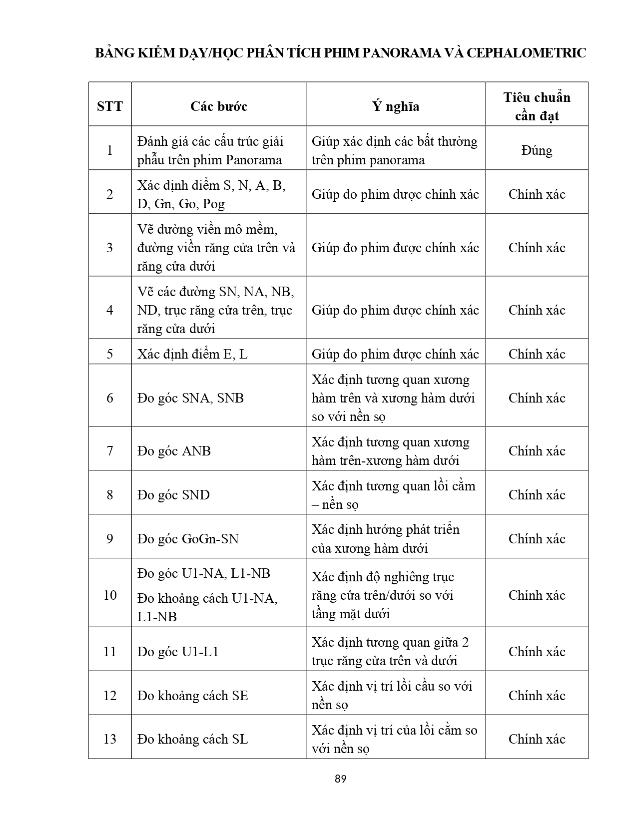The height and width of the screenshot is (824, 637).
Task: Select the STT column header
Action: pos(110,106)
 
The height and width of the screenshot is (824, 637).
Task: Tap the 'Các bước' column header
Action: pos(218,106)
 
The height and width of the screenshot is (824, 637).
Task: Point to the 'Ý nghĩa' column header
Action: pos(395,106)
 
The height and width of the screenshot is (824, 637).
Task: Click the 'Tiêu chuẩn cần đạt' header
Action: pos(537,106)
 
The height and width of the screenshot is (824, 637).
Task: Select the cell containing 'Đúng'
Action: pos(537,150)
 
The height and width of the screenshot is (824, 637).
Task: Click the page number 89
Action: pos(341,779)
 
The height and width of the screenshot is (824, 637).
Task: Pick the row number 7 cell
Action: pos(110,451)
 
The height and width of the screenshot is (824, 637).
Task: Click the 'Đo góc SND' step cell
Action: pos(174,495)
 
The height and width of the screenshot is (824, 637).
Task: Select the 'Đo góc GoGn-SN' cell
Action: pos(188,539)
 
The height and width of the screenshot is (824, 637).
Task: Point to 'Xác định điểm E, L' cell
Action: pos(192,354)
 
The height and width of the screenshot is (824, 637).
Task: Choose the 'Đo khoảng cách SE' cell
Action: pos(193,696)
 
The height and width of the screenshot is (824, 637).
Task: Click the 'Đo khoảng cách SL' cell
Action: pos(193,739)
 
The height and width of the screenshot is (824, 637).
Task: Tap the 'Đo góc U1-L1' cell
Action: pos(178,652)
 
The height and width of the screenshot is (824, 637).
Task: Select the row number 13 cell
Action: pos(110,739)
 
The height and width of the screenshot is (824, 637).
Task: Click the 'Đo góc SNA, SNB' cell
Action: pos(191,398)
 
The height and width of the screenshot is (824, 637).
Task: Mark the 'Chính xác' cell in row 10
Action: pos(537,595)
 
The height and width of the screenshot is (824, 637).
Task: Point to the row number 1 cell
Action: pos(110,150)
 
